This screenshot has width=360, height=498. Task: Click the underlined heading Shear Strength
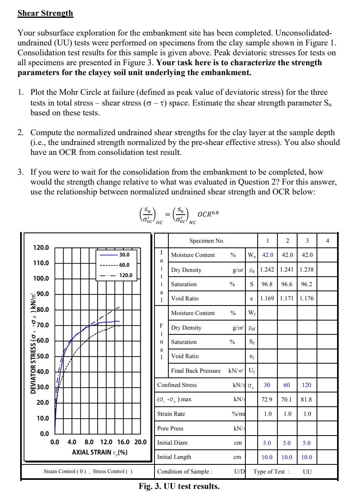coord(45,13)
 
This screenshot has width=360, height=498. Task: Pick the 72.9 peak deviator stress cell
coord(268,400)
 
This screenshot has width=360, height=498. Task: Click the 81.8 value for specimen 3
coord(307,400)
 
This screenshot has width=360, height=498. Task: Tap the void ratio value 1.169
coord(268,298)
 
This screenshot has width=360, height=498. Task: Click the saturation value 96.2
coord(307,284)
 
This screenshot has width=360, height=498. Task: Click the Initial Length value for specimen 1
coord(268,457)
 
